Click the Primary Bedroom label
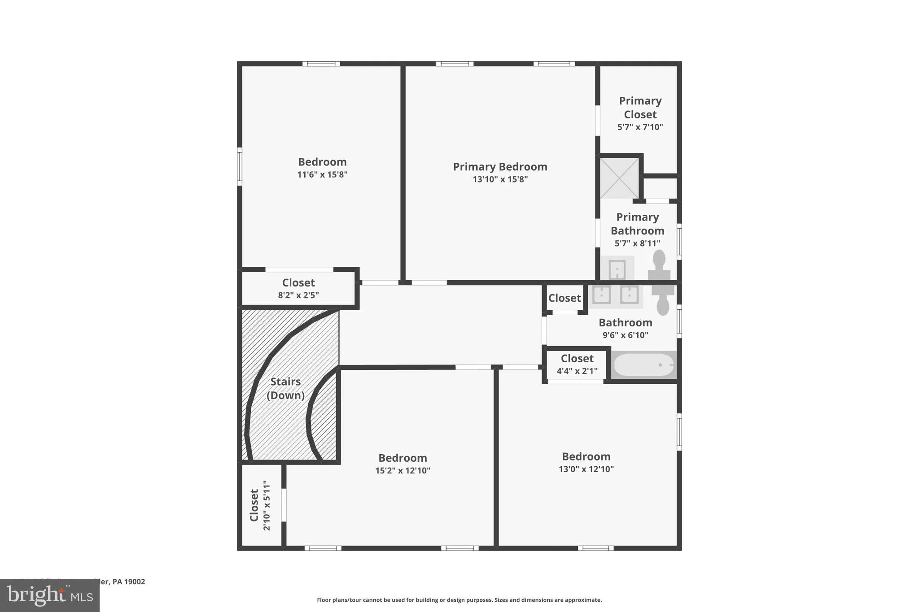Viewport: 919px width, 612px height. point(500,167)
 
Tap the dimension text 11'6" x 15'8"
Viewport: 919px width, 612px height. point(322,174)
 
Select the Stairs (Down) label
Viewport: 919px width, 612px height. point(285,388)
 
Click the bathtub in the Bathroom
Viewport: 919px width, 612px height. point(644,365)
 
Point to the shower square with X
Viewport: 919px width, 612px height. point(619,178)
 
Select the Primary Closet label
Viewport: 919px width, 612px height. point(640,108)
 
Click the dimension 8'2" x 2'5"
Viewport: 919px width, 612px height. point(298,295)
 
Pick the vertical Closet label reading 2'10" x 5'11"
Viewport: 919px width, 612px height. point(260,506)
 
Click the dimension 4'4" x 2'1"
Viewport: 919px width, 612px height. point(577,371)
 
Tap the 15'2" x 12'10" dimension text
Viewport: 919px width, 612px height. point(403,470)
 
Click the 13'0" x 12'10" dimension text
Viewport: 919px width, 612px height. point(586,469)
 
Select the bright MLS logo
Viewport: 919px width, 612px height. point(50,595)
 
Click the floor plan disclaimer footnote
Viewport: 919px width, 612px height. point(459,600)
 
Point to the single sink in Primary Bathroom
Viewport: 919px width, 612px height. point(617,269)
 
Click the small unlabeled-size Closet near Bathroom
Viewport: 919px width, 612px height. point(565,298)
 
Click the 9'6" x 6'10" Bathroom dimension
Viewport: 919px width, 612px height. point(625,335)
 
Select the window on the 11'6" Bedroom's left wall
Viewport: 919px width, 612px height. point(240,166)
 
